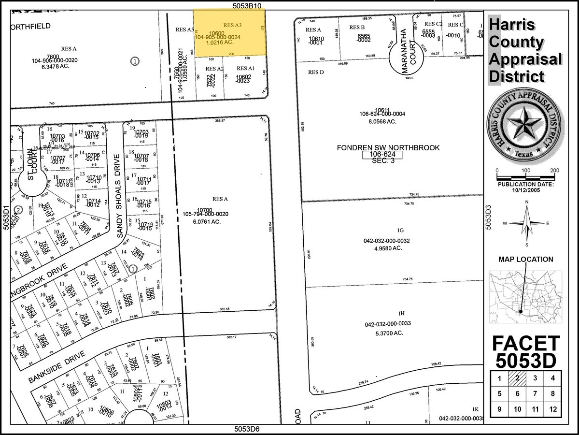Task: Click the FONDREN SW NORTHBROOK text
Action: [x=388, y=147]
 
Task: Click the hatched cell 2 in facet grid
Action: [x=517, y=378]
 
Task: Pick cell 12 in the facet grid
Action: [x=552, y=409]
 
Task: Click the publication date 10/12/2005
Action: [x=526, y=189]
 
